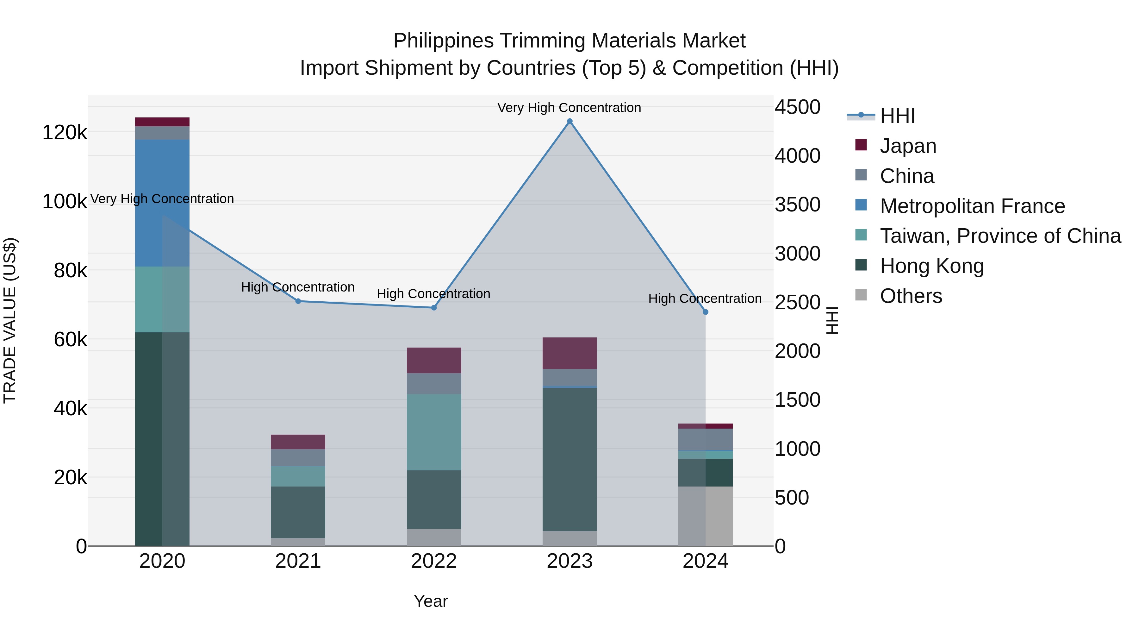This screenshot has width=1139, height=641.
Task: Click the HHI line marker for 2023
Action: coord(569,121)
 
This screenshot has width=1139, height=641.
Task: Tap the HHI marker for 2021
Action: coord(298,301)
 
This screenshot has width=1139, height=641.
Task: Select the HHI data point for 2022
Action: coord(434,308)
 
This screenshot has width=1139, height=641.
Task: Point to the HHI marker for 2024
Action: coord(706,312)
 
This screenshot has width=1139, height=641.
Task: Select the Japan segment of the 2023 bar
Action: coord(569,353)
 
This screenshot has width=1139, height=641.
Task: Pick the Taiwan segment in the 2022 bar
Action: coord(434,432)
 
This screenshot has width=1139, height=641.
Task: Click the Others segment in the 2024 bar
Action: coord(706,516)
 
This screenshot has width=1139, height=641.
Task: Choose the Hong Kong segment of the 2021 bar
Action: coord(298,512)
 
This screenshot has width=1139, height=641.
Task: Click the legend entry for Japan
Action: coord(908,146)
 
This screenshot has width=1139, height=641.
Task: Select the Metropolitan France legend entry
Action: coord(972,206)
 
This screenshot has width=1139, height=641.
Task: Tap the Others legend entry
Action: coord(911,296)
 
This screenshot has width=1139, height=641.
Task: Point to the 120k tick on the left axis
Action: coord(65,132)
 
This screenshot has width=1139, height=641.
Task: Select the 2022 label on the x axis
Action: coord(434,561)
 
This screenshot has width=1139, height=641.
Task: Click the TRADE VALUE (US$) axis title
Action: coord(10,320)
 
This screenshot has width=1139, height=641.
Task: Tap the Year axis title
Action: coord(431,601)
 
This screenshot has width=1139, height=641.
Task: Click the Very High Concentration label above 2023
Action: coord(569,108)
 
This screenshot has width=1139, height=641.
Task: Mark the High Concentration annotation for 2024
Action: coord(705,299)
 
